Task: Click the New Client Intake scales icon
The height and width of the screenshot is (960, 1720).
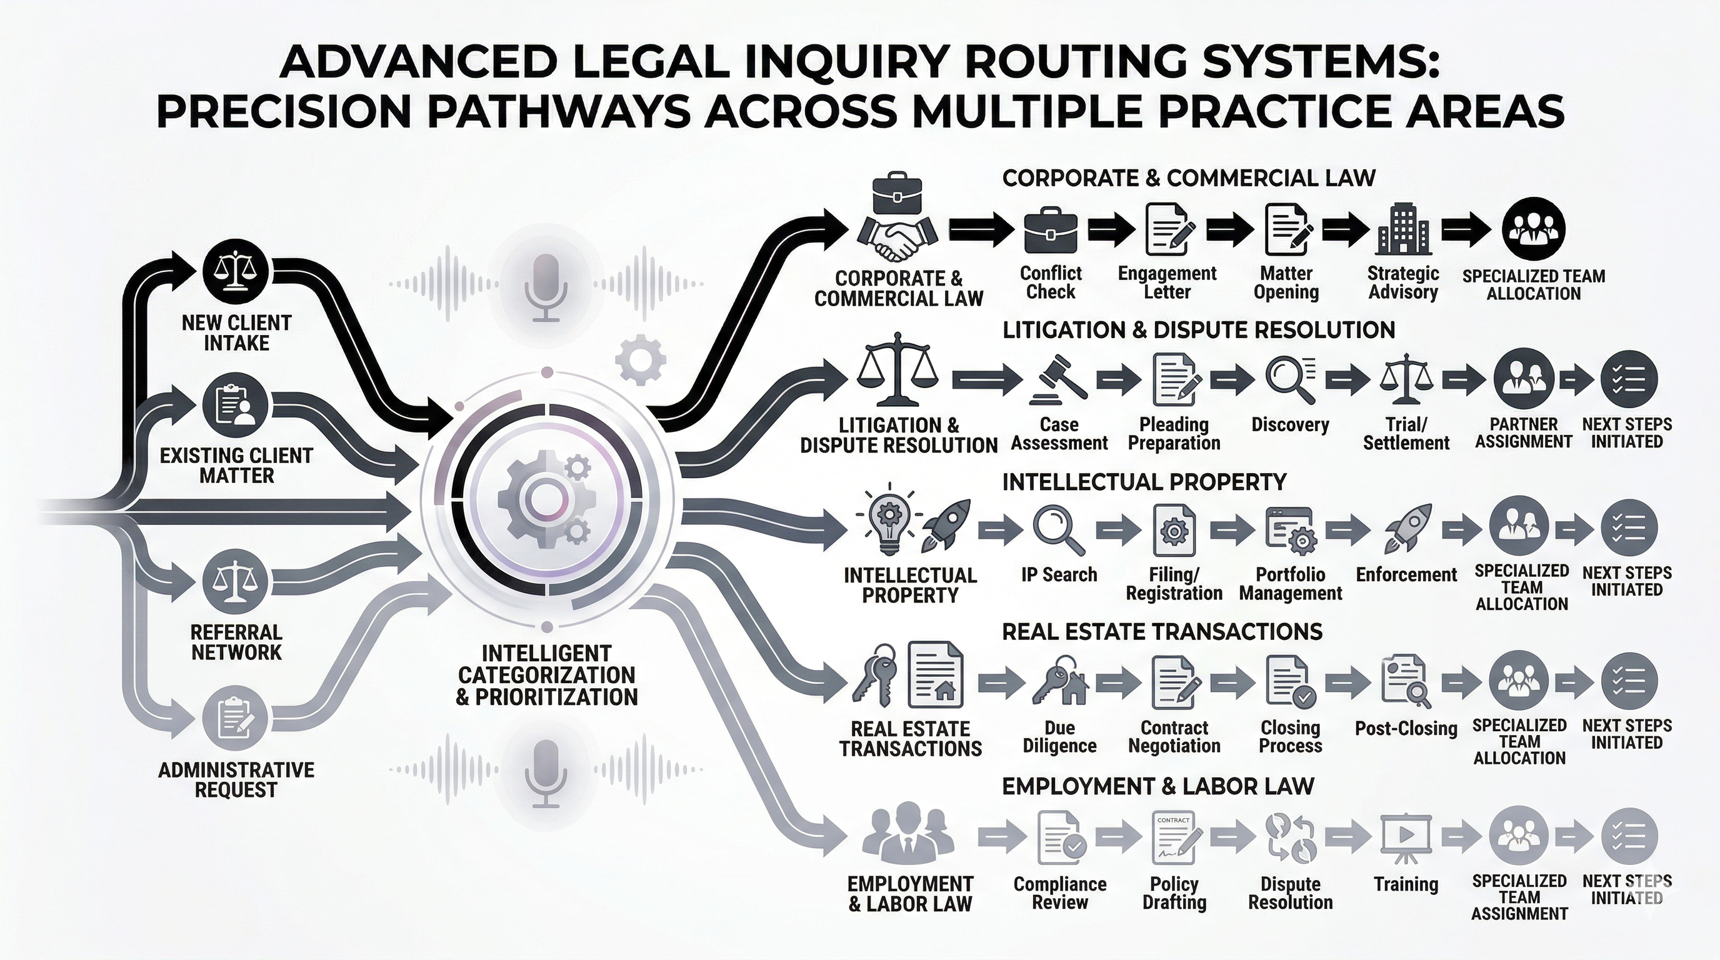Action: coord(235,271)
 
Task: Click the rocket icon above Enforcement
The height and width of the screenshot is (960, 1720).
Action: coord(1407,529)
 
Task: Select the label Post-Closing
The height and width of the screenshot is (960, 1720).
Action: coord(1406,728)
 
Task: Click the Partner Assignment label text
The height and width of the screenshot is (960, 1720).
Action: coord(1523,433)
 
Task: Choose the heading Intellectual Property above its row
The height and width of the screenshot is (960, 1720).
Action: coord(1144,482)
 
